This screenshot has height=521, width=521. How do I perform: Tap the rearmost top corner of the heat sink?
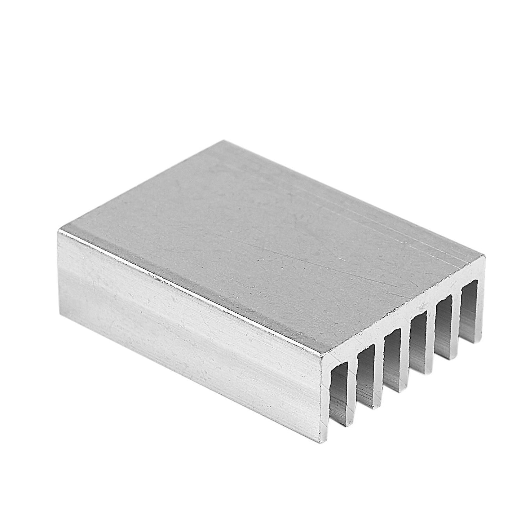[219, 141]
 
